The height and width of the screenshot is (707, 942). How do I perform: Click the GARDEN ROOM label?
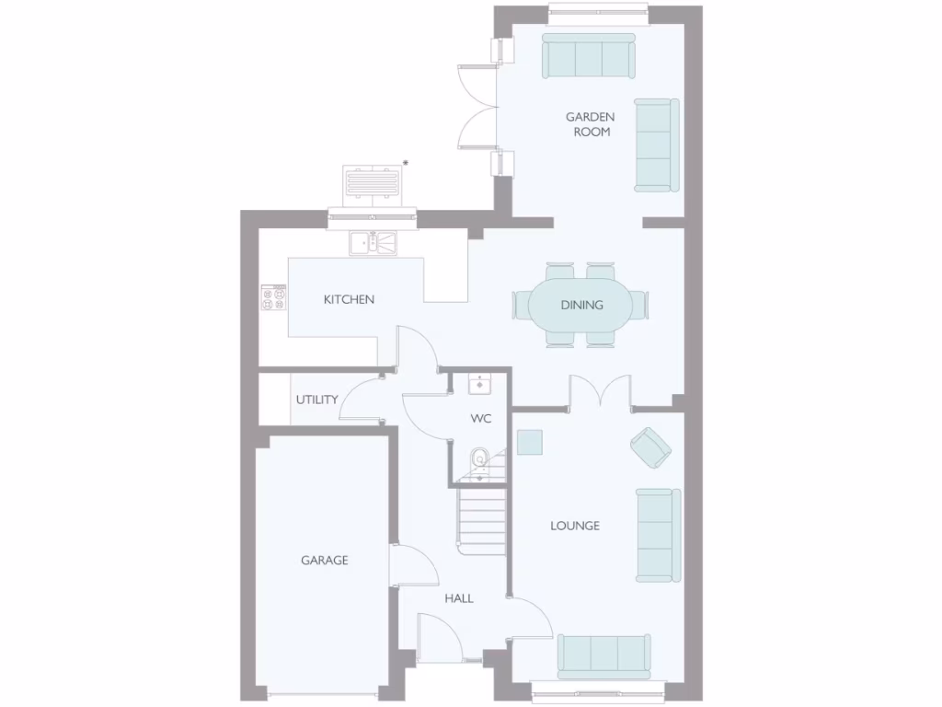pyautogui.click(x=590, y=124)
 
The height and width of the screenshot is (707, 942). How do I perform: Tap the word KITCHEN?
pyautogui.click(x=349, y=299)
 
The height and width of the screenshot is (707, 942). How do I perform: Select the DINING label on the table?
pyautogui.click(x=581, y=305)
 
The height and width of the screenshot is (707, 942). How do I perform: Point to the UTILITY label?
pyautogui.click(x=316, y=400)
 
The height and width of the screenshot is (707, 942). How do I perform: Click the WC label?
pyautogui.click(x=480, y=419)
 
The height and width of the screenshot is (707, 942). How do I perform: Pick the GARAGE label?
pyautogui.click(x=325, y=560)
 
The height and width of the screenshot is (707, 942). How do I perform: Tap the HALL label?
pyautogui.click(x=459, y=598)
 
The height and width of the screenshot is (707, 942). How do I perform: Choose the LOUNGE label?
pyautogui.click(x=575, y=526)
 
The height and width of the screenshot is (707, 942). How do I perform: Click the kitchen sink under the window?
pyautogui.click(x=373, y=243)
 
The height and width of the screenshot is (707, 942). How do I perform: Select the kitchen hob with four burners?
pyautogui.click(x=274, y=298)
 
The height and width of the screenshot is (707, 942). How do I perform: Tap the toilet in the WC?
pyautogui.click(x=478, y=459)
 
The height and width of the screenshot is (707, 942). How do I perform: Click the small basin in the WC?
pyautogui.click(x=479, y=383)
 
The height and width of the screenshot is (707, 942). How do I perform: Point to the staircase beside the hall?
pyautogui.click(x=484, y=520)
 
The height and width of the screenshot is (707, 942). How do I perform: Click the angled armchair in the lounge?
pyautogui.click(x=650, y=446)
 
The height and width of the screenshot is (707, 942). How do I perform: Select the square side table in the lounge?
pyautogui.click(x=530, y=442)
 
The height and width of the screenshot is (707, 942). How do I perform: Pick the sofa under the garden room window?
pyautogui.click(x=588, y=57)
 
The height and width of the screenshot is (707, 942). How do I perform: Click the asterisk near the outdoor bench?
pyautogui.click(x=406, y=163)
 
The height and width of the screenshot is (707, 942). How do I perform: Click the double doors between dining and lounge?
pyautogui.click(x=600, y=390)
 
